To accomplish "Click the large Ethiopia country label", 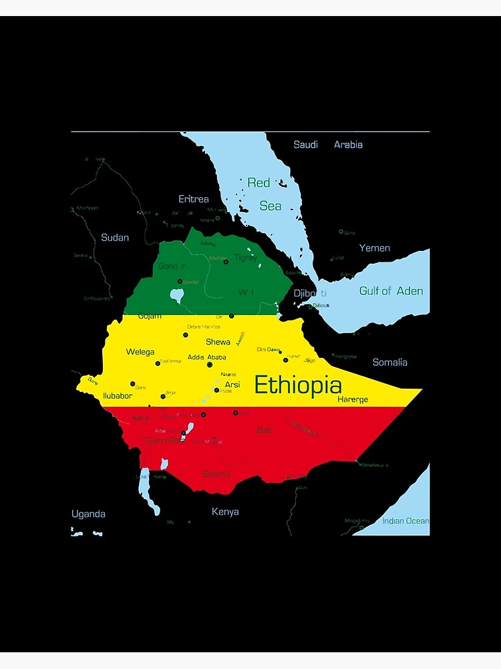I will click(x=298, y=385).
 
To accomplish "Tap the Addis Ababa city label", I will click(x=206, y=357).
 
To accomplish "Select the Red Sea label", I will click(x=265, y=194).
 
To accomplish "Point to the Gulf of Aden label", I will click(x=391, y=291).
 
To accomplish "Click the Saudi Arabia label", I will click(x=328, y=145).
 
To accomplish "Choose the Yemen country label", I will click(x=374, y=248).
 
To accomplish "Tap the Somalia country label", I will click(x=389, y=362).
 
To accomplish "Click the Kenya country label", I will click(x=225, y=512).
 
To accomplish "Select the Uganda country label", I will click(x=88, y=514).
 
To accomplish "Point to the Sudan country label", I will click(x=115, y=237).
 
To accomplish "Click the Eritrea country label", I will click(x=193, y=199).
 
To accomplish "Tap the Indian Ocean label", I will click(x=405, y=521).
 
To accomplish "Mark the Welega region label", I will click(x=140, y=352).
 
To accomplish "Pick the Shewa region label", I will click(x=218, y=342).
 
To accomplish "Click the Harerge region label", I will click(x=352, y=399).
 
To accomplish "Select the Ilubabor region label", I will click(x=117, y=395).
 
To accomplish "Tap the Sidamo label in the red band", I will click(x=216, y=474).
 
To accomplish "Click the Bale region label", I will click(x=265, y=430).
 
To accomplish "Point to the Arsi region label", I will click(x=232, y=385).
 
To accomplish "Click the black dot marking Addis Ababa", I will click(x=210, y=365).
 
